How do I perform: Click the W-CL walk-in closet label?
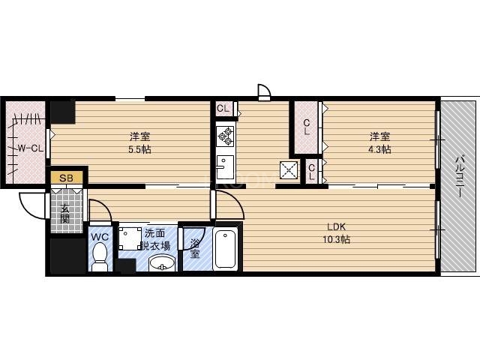pyautogui.click(x=30, y=148)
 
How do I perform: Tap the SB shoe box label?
pyautogui.click(x=66, y=178)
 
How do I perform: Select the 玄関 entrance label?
pyautogui.click(x=66, y=213)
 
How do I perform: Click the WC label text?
pyautogui.click(x=99, y=237)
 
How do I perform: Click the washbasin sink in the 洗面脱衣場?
pyautogui.click(x=161, y=263)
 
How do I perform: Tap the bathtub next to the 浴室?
pyautogui.click(x=226, y=250)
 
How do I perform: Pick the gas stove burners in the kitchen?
pyautogui.click(x=226, y=136)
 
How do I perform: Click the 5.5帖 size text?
pyautogui.click(x=139, y=149)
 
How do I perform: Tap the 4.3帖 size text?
pyautogui.click(x=379, y=149)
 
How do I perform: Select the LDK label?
pyautogui.click(x=337, y=226)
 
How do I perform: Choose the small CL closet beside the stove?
pyautogui.click(x=223, y=108)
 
